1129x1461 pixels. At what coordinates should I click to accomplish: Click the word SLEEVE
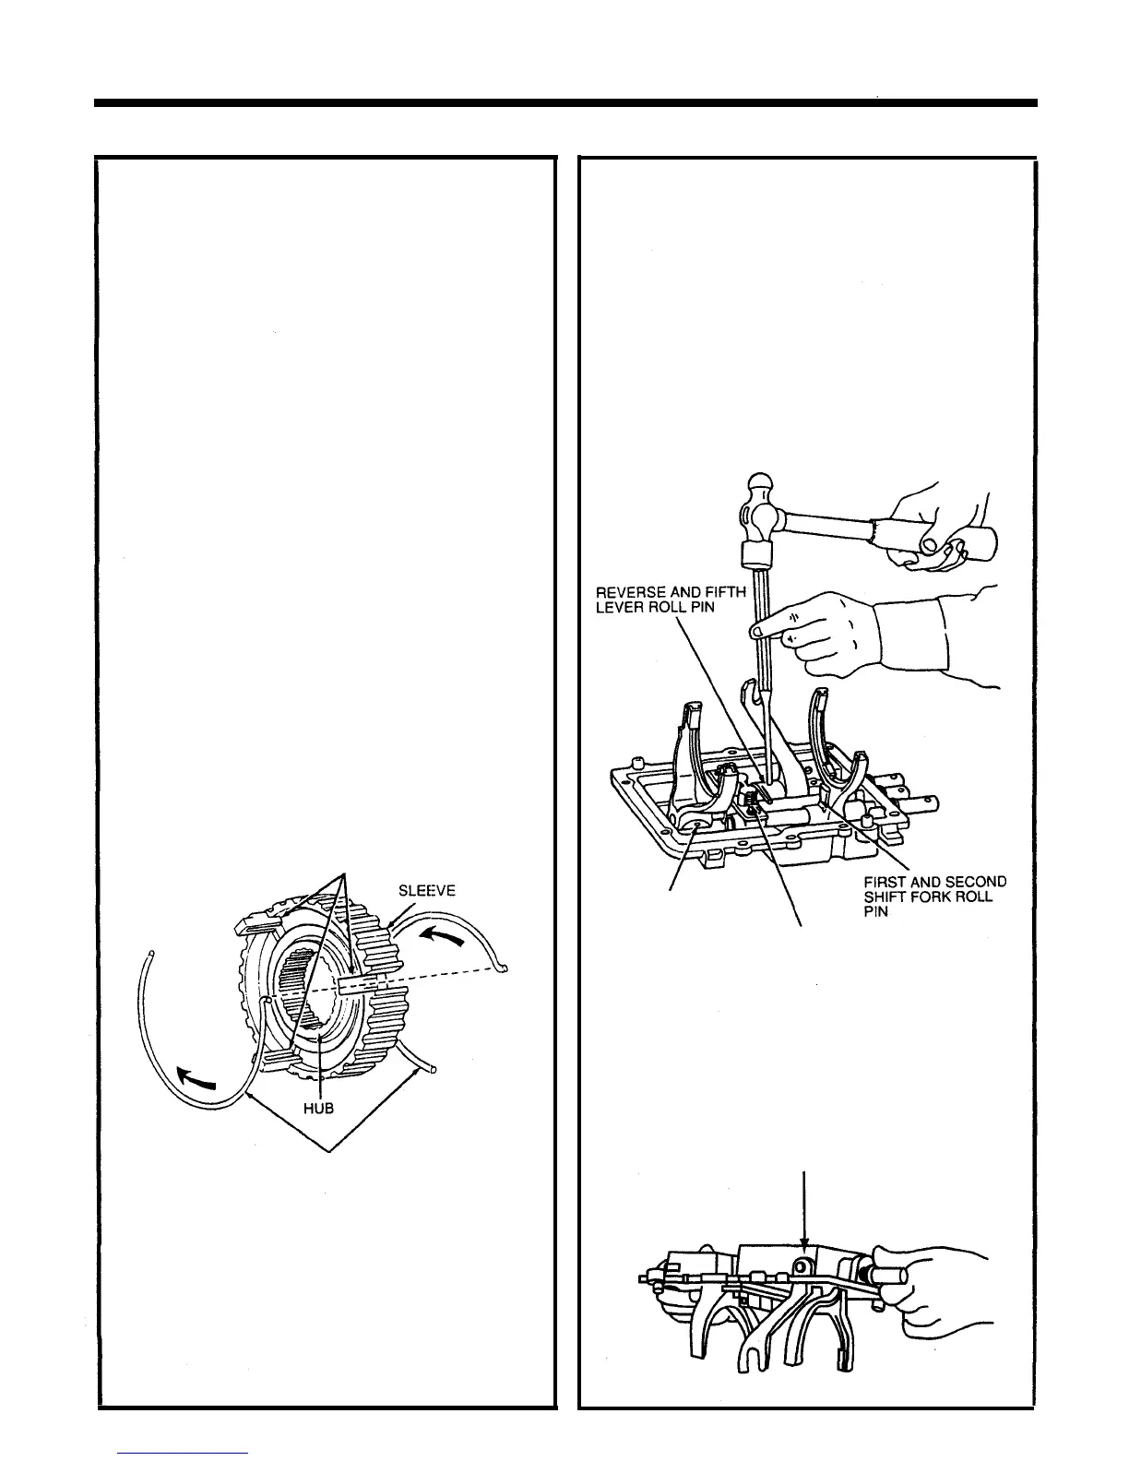coord(427,891)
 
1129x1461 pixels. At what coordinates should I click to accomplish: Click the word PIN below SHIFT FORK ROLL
coord(875,912)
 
